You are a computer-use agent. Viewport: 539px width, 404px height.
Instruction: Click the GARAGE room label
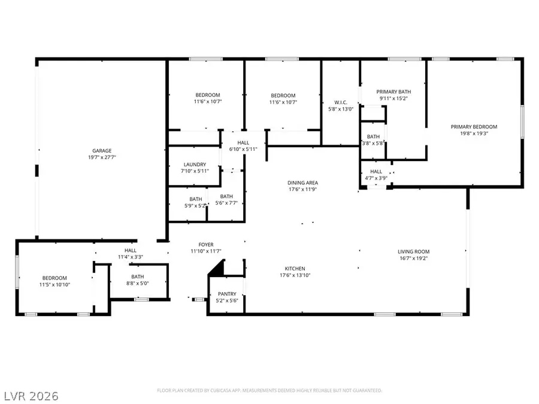102,151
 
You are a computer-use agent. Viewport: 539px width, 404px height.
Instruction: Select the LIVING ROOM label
414,251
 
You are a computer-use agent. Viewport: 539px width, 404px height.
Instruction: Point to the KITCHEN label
295,269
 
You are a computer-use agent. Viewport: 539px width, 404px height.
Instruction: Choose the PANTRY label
227,294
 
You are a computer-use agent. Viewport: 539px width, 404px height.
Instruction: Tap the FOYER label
206,245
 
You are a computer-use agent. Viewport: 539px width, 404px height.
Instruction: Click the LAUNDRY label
195,165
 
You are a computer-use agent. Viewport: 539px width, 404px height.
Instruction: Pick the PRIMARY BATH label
392,92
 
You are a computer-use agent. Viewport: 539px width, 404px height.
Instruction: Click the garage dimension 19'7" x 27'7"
102,157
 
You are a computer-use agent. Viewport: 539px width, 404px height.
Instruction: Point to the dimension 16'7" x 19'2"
414,258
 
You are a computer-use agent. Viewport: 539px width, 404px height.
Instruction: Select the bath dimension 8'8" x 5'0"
138,283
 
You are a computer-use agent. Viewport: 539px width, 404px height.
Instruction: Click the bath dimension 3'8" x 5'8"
374,143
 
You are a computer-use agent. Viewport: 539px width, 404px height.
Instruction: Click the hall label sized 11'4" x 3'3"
131,251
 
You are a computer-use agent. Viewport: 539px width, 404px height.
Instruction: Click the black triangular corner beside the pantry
217,269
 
